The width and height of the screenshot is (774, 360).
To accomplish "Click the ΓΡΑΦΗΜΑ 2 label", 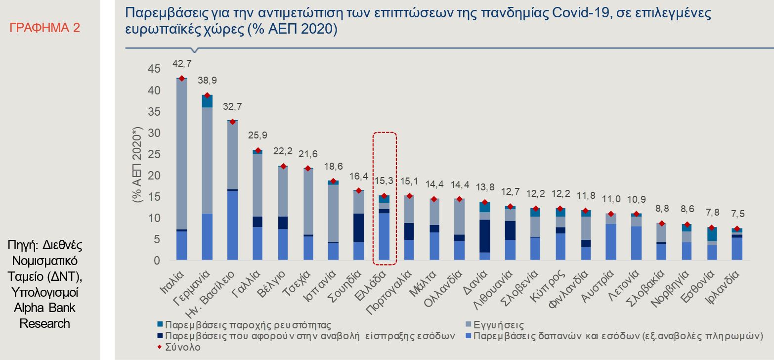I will [x=45, y=28].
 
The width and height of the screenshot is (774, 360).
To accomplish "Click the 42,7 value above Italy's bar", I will [x=182, y=63].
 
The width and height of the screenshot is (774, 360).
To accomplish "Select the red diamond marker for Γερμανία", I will [x=208, y=95].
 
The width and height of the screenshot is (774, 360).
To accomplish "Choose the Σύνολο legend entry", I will [x=183, y=347].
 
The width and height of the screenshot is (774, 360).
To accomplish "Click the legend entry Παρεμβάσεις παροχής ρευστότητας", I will [x=247, y=326].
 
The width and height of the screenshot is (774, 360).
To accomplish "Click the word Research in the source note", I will [x=45, y=324].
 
